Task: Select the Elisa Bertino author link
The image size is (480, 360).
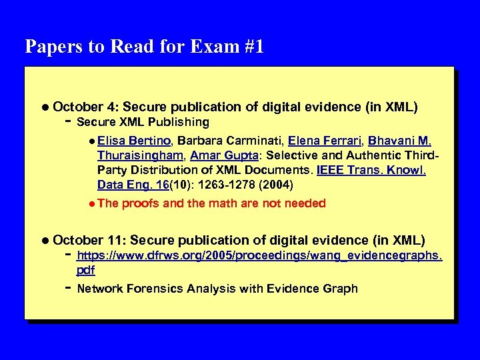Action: pyautogui.click(x=135, y=141)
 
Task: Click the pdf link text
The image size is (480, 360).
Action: pyautogui.click(x=85, y=270)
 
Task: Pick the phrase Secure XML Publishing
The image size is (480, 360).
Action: pyautogui.click(x=143, y=122)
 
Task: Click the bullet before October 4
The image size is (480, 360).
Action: pyautogui.click(x=44, y=107)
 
